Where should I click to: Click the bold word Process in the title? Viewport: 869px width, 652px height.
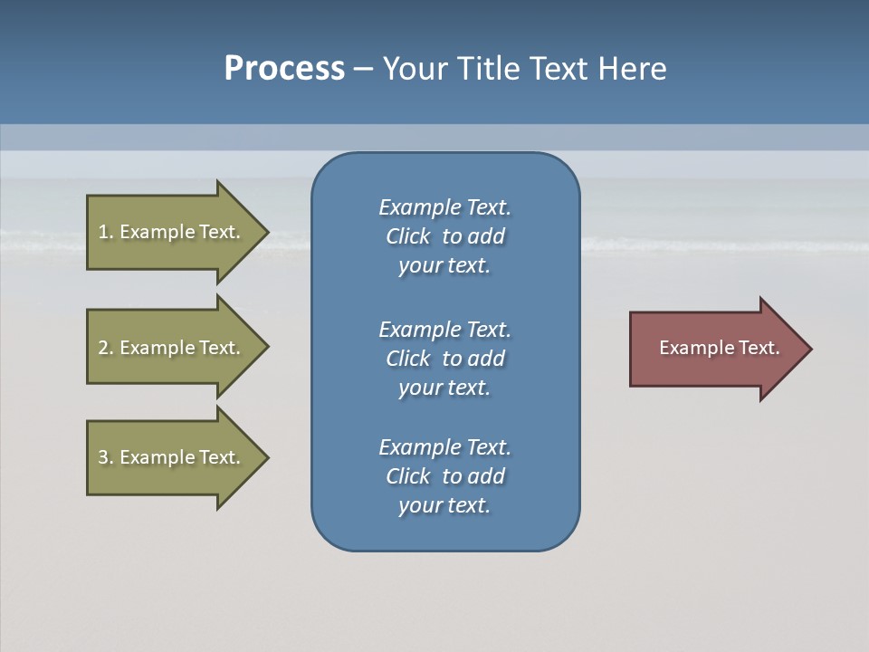pos(284,69)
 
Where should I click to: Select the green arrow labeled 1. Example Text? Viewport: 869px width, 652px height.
pos(172,232)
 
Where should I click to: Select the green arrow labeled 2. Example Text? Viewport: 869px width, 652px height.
pos(172,348)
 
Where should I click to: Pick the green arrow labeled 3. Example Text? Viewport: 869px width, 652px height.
pos(172,457)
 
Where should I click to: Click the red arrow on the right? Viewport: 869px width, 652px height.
pos(715,349)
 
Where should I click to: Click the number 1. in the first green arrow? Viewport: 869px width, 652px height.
pos(105,232)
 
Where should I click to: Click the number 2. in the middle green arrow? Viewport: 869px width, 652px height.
pos(105,348)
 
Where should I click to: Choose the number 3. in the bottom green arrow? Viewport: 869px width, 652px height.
pos(105,457)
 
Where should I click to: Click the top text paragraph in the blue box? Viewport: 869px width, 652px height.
pos(444,236)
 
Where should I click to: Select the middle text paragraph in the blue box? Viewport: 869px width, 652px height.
pos(444,359)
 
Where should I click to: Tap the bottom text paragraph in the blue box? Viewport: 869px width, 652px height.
pos(444,476)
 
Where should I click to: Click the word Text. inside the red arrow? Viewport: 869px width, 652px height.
pos(759,348)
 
